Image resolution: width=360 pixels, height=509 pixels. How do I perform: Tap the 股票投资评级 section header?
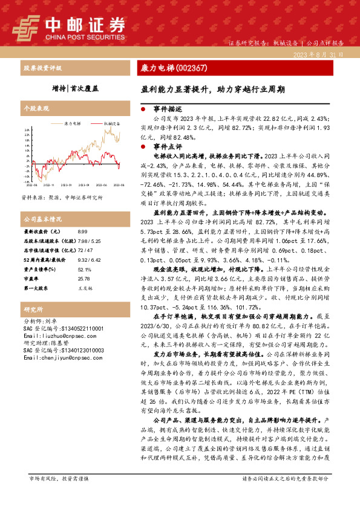tap(39, 69)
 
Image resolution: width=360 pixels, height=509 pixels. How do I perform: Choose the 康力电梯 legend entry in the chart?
tap(72, 123)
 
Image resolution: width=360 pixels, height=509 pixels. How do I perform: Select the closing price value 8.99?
tap(82, 232)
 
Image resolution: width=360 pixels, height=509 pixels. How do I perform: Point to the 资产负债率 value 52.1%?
tap(84, 270)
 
